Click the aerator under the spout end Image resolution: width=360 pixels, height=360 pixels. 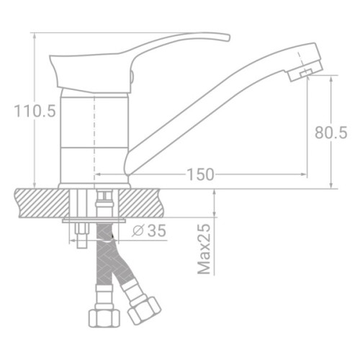[x=302, y=72]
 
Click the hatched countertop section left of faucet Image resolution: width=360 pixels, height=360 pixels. [x=36, y=201]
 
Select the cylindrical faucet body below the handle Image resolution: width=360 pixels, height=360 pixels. [x=94, y=137]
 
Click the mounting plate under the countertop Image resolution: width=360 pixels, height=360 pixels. [x=94, y=220]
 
